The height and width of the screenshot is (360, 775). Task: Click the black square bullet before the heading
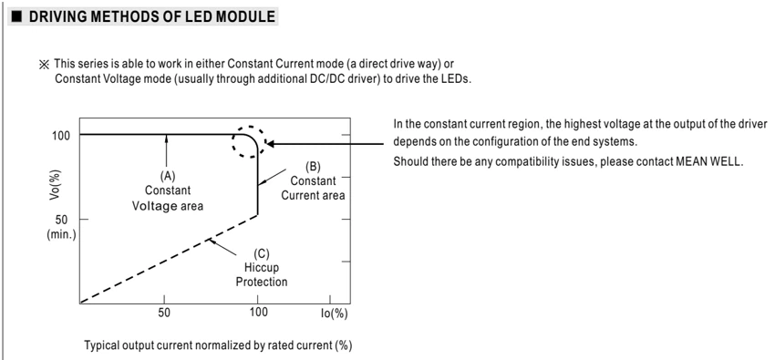(x=16, y=16)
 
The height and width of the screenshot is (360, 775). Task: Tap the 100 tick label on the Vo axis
(x=62, y=135)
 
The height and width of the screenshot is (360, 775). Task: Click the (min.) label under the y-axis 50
(x=61, y=234)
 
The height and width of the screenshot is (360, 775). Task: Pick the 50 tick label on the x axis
(x=164, y=314)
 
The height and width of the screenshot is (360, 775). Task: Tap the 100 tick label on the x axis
(x=258, y=314)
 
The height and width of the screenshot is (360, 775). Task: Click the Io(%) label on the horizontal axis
(x=334, y=314)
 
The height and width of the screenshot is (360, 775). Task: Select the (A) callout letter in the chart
(x=167, y=176)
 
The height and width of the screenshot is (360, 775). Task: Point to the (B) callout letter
(x=313, y=167)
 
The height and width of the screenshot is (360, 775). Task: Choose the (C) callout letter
(x=261, y=254)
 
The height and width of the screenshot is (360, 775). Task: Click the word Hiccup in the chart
(x=262, y=268)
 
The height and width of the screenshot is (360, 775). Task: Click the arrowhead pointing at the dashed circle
(x=271, y=144)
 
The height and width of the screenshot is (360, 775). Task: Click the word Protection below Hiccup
(x=262, y=283)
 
